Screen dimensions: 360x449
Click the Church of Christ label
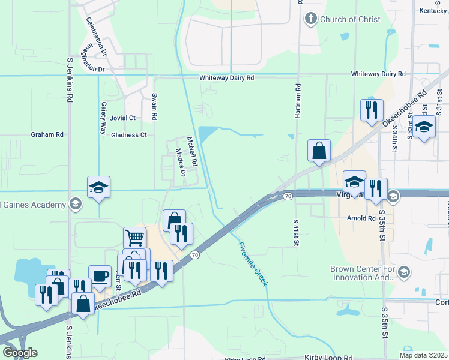(x=350, y=19)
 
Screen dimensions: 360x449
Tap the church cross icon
(x=310, y=19)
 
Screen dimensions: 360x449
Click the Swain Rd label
(x=154, y=106)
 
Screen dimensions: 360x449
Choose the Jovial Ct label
(x=123, y=118)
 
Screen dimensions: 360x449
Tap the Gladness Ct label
(x=129, y=135)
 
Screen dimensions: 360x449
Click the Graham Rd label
(x=47, y=135)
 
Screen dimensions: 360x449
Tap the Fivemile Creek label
(x=252, y=263)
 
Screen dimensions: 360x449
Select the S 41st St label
(x=296, y=233)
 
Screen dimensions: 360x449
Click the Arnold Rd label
(x=360, y=218)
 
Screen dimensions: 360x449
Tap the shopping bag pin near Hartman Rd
(x=319, y=151)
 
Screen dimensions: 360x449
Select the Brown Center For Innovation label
(x=362, y=274)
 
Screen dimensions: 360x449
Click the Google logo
(x=20, y=353)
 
